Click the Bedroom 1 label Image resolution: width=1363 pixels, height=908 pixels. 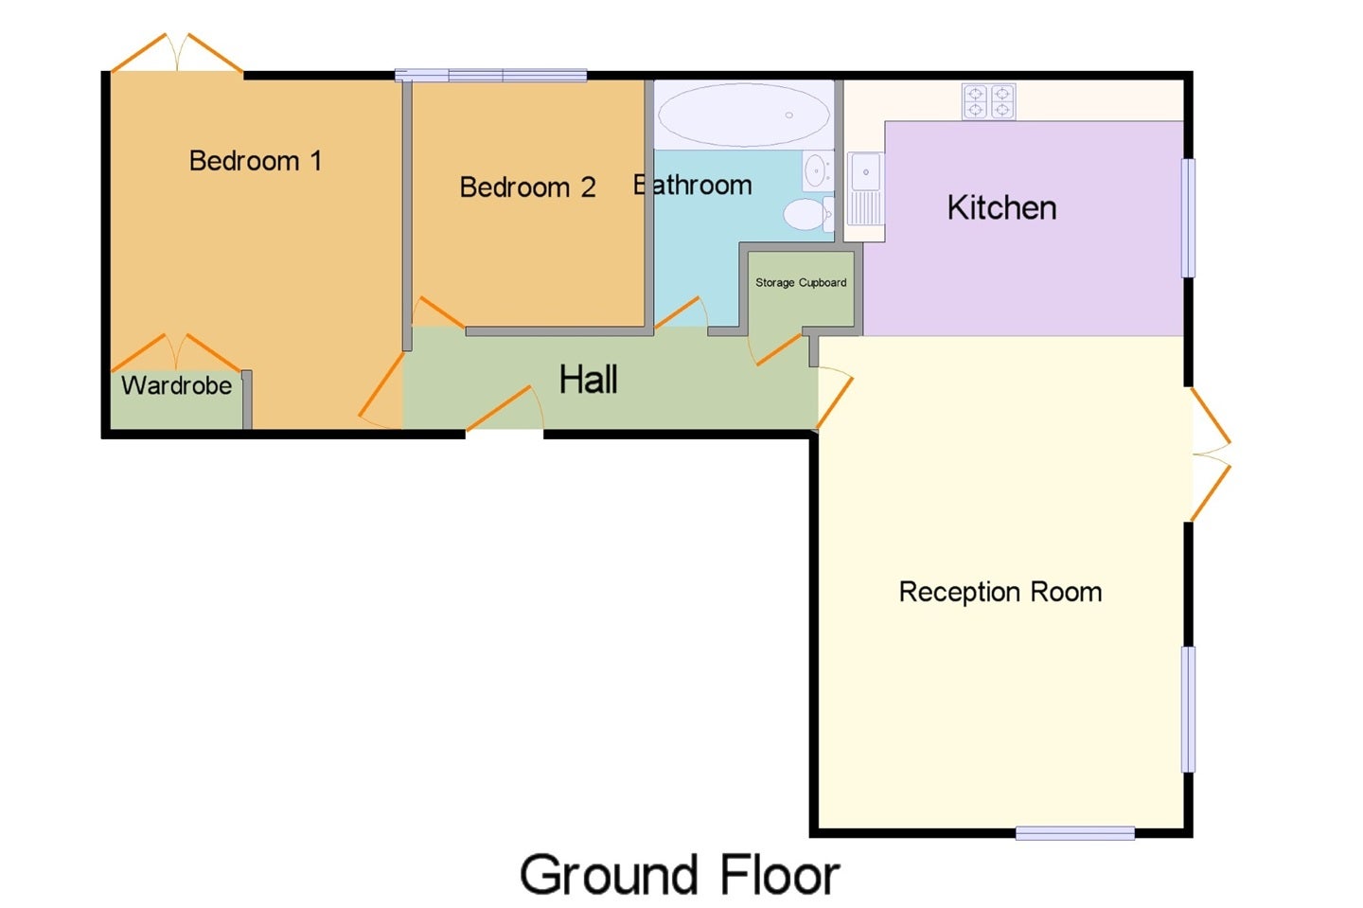256,161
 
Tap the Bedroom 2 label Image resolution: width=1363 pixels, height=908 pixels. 527,187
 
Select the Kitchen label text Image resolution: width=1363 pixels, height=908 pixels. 1001,207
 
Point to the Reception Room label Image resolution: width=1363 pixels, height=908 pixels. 1000,592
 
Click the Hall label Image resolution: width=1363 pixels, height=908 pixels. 589,379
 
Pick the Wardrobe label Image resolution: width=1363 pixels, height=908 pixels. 176,385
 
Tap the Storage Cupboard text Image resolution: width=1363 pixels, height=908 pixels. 801,282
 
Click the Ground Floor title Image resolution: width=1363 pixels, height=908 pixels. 680,875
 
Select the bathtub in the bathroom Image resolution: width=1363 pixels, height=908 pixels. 744,115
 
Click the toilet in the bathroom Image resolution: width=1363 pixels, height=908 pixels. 808,214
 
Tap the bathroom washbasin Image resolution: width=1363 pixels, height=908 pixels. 817,171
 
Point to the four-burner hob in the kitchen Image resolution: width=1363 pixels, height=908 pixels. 989,101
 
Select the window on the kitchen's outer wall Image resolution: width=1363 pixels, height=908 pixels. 1188,218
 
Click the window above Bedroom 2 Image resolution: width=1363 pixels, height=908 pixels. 491,76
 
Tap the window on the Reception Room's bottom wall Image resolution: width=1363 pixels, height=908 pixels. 1075,833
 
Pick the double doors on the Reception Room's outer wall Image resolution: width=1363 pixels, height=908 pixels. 1211,454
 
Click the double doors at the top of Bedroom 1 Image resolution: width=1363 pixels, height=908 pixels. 177,53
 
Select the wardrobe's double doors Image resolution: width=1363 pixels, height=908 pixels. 176,352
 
